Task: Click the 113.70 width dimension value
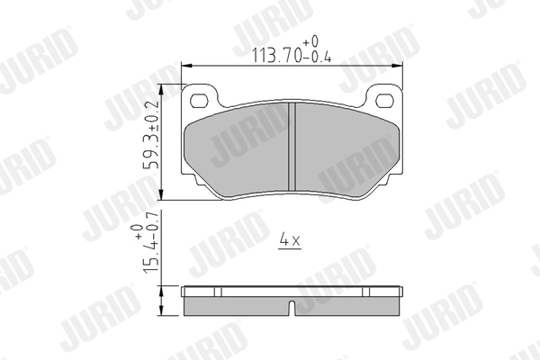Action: [x=277, y=55]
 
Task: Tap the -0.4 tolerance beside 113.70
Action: [x=317, y=57]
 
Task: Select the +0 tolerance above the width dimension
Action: [x=310, y=42]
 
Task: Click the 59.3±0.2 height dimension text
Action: [x=151, y=134]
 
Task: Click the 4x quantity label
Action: [x=290, y=239]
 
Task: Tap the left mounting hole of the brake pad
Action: [x=200, y=101]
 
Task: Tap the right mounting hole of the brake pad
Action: [x=384, y=101]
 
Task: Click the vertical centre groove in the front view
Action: [x=292, y=147]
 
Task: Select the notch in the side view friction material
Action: [x=292, y=308]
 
